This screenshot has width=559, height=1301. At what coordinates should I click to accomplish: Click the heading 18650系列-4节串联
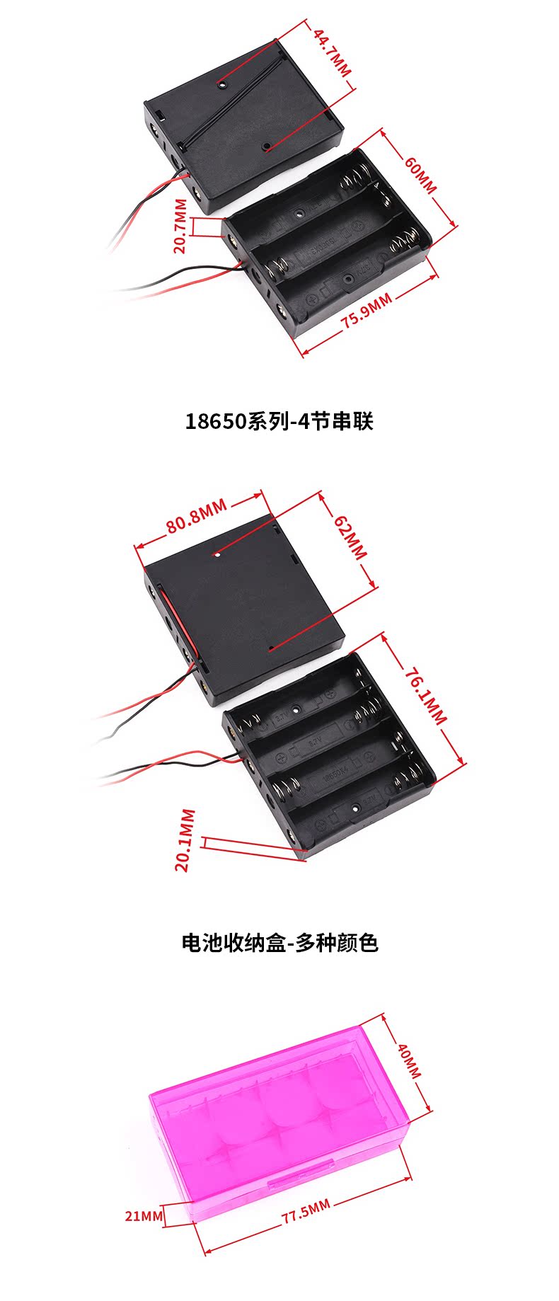tap(279, 422)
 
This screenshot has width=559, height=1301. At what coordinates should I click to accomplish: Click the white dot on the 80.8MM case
tap(218, 555)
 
